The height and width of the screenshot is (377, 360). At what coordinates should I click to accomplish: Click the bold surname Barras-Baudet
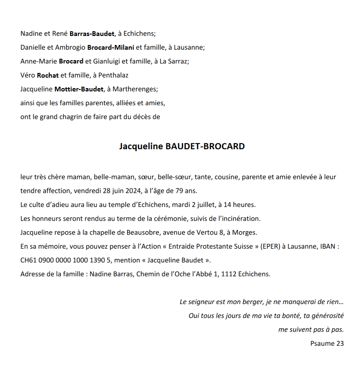tap(92, 34)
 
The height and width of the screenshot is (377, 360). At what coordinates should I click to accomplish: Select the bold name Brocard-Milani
tap(111, 47)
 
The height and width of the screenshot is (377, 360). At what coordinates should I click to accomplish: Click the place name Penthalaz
tap(113, 75)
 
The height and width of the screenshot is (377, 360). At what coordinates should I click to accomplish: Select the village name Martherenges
tap(136, 89)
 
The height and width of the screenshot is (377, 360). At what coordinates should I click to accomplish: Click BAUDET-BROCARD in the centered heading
tap(204, 146)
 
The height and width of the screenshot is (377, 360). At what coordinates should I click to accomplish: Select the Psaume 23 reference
tap(327, 343)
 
